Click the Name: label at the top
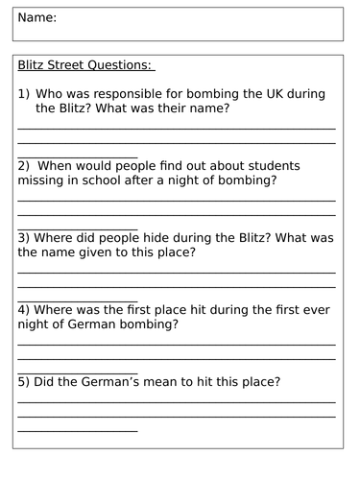(x=37, y=18)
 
